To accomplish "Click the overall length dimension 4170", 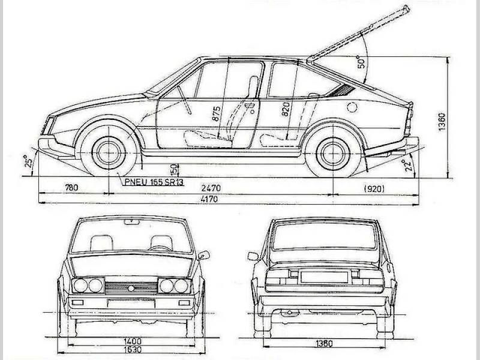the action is pos(209,199).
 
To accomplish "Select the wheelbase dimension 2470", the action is pos(211,188).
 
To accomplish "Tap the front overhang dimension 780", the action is pos(71,187).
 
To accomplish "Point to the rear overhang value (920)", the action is pos(374,189).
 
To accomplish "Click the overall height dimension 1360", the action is pos(442,122).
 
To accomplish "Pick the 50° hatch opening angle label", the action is pos(362,62).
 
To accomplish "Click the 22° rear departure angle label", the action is pos(407,166).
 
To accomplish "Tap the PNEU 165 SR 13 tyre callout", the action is pos(154,182).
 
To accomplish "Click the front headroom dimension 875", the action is pos(216,113).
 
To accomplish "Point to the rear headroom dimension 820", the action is pos(285,109).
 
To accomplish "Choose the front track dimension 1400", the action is pos(133,341).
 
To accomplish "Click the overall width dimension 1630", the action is pos(133,349).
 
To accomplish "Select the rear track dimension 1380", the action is pos(324,343).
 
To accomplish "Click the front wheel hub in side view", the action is pos(109,153).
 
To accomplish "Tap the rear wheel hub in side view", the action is pos(333,154).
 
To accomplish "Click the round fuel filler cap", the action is pos(352,107).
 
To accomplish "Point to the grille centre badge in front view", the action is pos(131,288).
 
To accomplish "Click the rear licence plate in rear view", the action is pos(324,277).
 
